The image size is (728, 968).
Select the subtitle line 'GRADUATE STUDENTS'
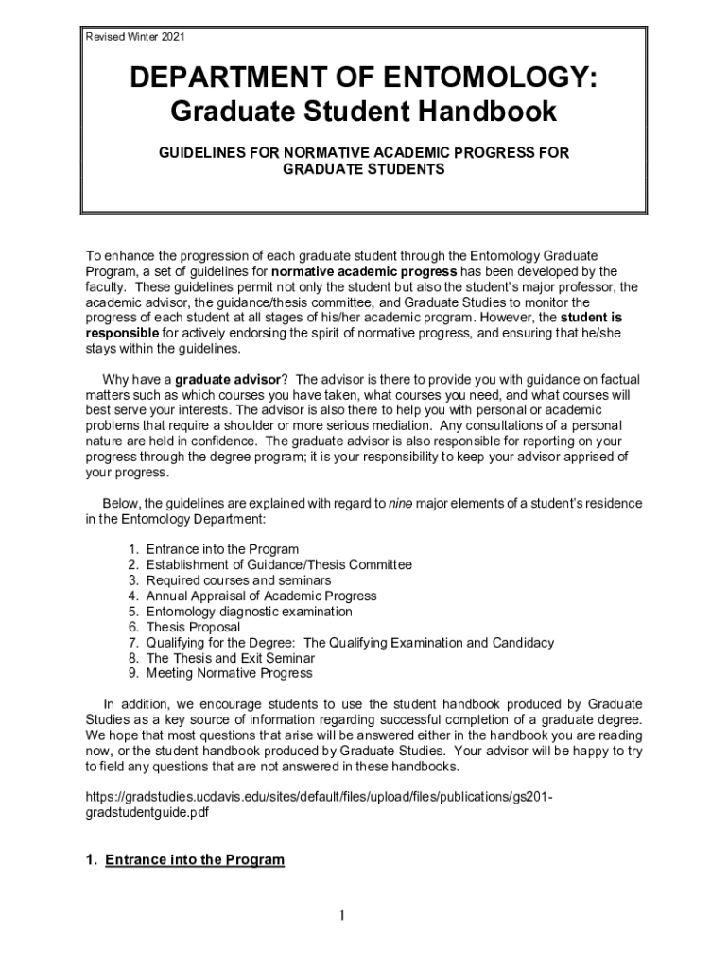click(x=364, y=168)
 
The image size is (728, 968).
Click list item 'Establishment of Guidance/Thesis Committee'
click(x=279, y=564)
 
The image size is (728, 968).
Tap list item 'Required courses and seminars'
click(x=238, y=580)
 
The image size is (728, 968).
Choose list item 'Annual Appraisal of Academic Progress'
click(x=261, y=596)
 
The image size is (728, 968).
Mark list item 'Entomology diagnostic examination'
click(x=249, y=612)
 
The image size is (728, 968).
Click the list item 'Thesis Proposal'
click(x=193, y=627)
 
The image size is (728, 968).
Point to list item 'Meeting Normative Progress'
click(x=229, y=673)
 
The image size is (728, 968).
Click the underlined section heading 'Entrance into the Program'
click(x=195, y=859)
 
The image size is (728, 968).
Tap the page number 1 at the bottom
click(x=345, y=915)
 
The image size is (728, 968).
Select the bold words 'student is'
click(x=591, y=318)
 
